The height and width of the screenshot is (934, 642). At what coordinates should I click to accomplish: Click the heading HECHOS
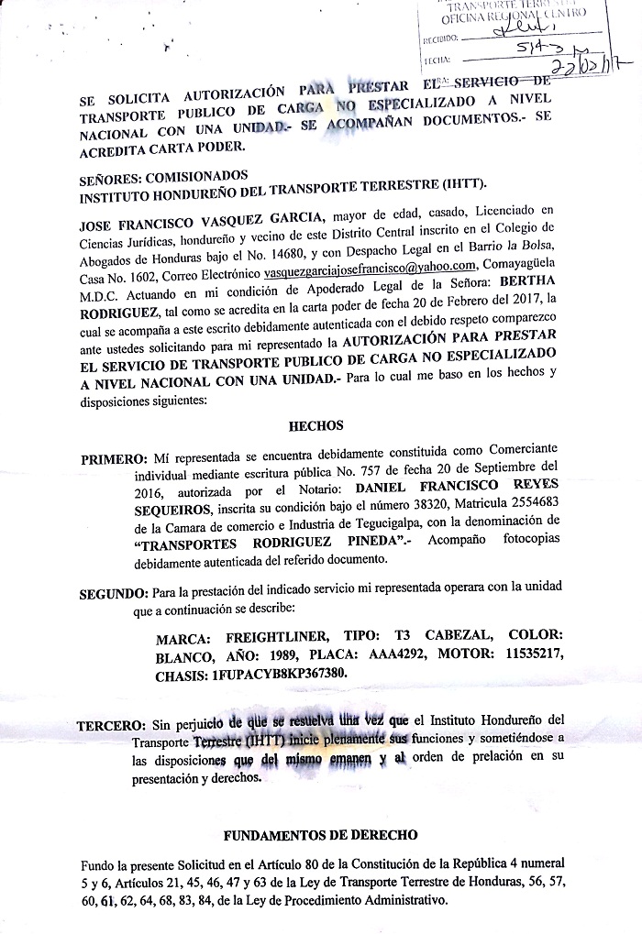(315, 425)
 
